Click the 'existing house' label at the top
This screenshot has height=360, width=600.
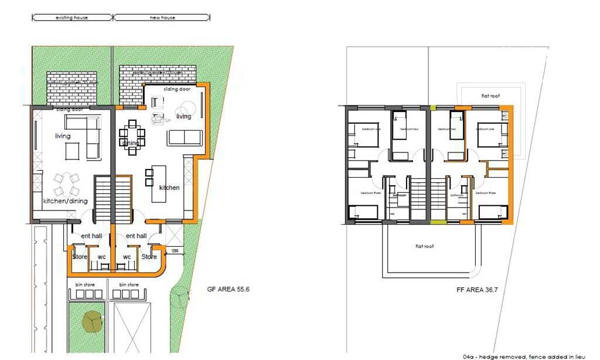click(71, 18)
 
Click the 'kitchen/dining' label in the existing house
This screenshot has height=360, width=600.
click(65, 201)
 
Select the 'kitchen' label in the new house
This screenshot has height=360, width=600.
click(169, 188)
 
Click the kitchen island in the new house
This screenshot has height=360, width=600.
click(158, 184)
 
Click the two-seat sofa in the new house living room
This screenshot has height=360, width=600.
click(185, 138)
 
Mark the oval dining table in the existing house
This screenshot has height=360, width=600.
click(66, 185)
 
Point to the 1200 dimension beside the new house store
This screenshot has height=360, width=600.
click(175, 252)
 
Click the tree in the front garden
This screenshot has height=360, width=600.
click(91, 320)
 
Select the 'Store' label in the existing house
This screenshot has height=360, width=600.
click(80, 256)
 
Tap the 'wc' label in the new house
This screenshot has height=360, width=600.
click(127, 256)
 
